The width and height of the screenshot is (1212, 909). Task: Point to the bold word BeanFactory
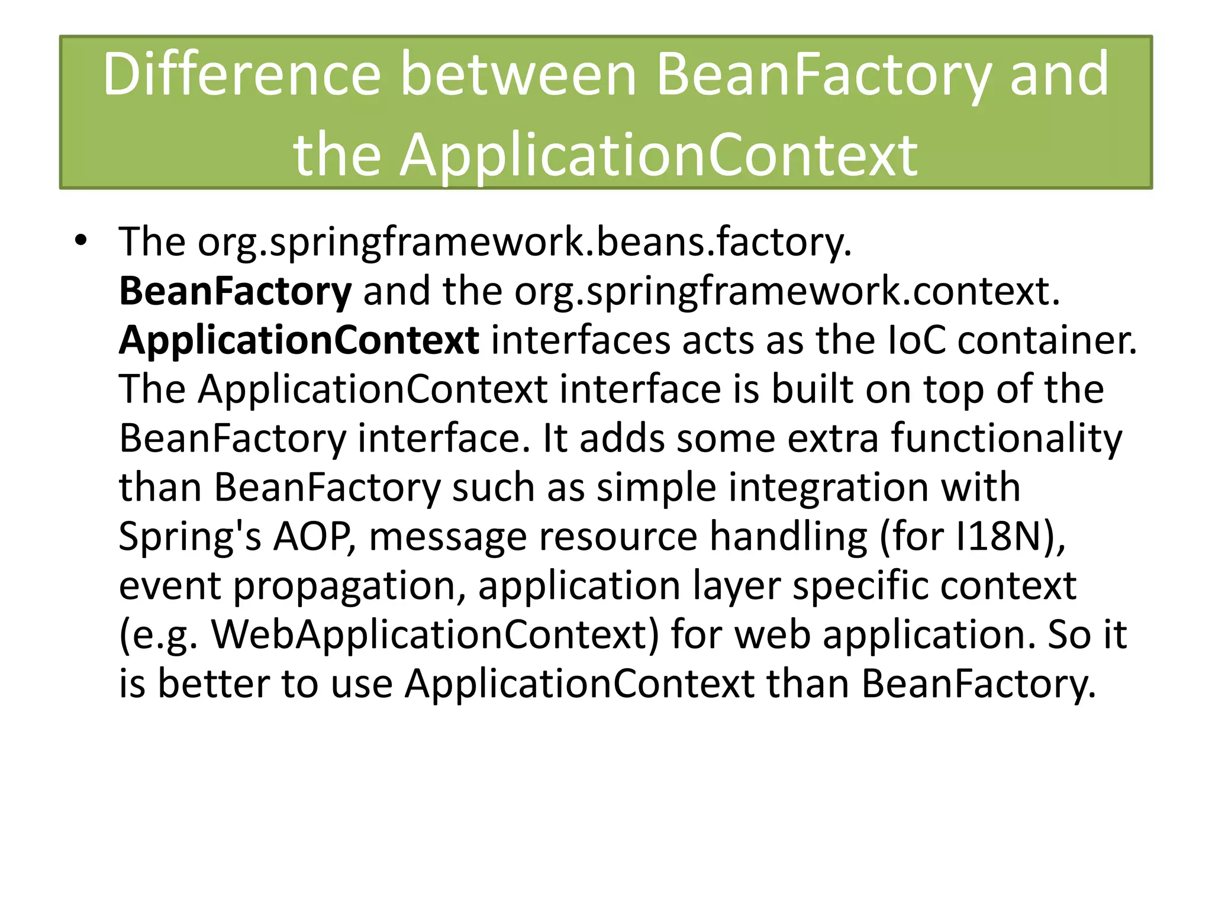(235, 292)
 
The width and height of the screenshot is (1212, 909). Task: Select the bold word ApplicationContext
(299, 341)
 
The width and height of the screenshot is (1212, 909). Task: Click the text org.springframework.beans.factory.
(524, 243)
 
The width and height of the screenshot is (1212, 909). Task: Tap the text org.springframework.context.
(786, 292)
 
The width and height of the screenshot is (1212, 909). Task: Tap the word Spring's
(189, 537)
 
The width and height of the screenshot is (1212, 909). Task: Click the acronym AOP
(312, 537)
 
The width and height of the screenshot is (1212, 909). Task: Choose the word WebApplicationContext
(435, 636)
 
